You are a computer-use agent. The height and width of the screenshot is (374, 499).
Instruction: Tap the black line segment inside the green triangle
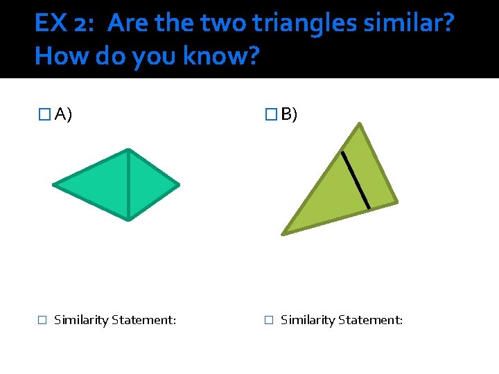[x=356, y=179]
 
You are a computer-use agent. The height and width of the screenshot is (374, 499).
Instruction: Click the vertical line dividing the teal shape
[x=128, y=185]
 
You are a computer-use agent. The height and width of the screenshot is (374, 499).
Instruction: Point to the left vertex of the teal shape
[x=54, y=185]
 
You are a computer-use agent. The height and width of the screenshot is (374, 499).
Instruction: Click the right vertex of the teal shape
[x=178, y=185]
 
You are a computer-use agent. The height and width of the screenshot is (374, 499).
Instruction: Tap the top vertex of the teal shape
[x=128, y=150]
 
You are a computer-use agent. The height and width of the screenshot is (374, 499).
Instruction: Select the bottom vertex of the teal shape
[x=128, y=220]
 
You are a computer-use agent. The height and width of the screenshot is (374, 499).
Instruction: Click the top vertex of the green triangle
[x=359, y=124]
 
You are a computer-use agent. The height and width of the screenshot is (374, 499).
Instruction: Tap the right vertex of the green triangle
[x=396, y=202]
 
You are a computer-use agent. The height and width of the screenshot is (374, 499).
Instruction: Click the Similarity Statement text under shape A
[x=115, y=320]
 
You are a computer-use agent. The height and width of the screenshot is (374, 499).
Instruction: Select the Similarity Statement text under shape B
[x=342, y=320]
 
